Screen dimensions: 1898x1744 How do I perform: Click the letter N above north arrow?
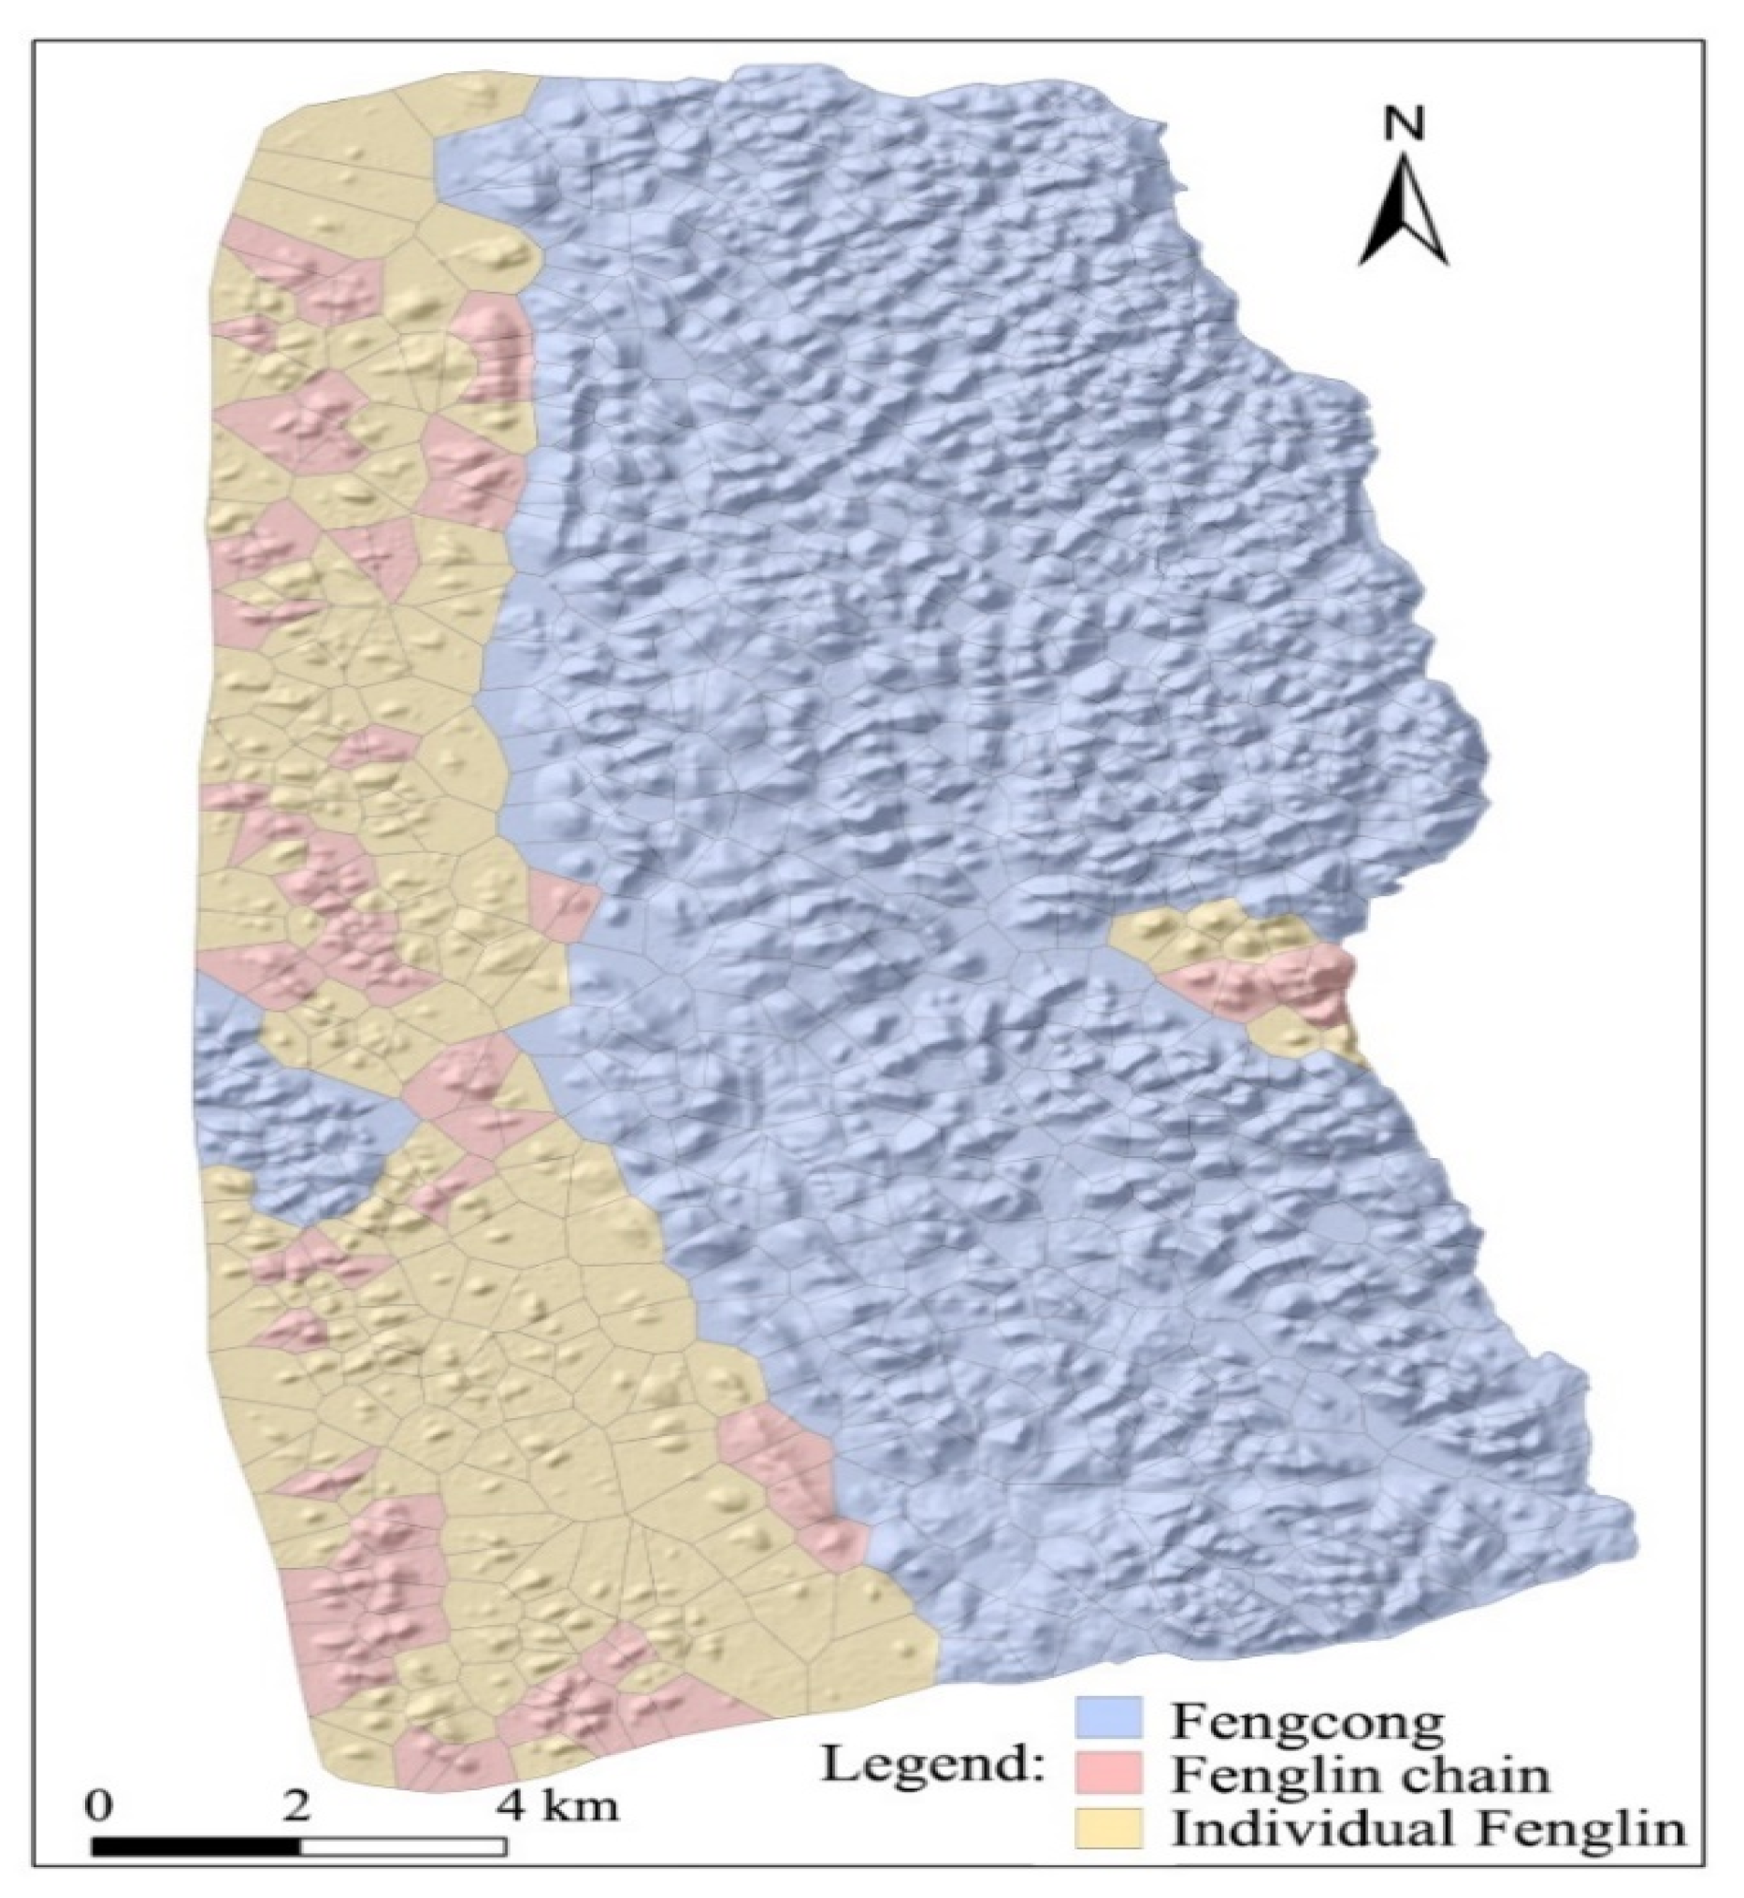(1405, 124)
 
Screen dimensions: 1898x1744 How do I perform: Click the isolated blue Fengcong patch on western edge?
(283, 1104)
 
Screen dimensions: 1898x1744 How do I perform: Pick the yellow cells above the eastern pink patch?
(1208, 935)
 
